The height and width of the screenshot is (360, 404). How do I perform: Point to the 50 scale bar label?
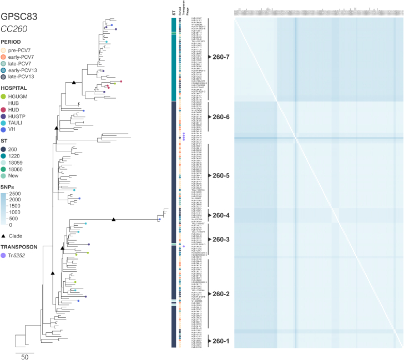tap(24, 357)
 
